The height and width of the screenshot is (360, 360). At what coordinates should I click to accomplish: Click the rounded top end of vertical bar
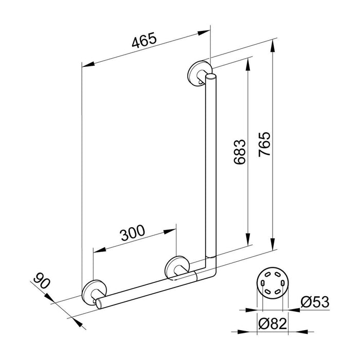[x=211, y=78]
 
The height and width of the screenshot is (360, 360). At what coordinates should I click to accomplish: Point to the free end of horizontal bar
[x=99, y=303]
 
